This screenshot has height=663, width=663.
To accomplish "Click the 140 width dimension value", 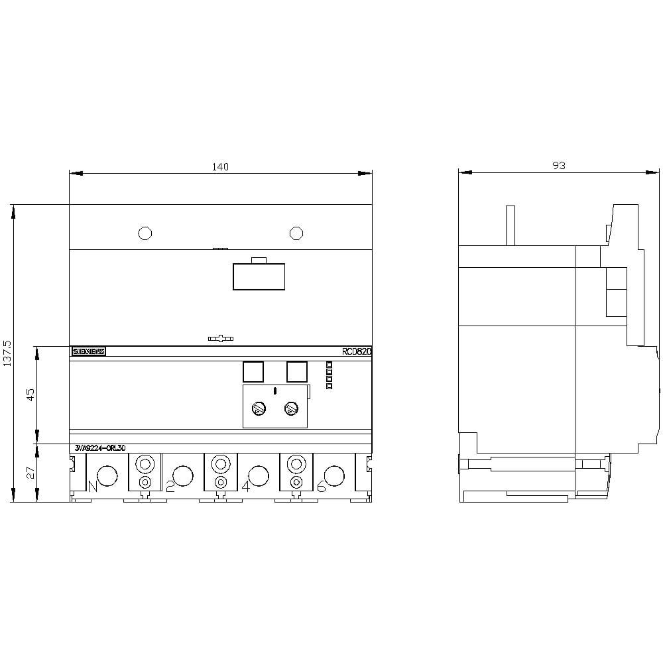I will (x=220, y=167).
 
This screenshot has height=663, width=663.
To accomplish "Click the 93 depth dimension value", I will (x=559, y=166).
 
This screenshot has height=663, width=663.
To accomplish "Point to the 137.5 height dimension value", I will (x=7, y=354).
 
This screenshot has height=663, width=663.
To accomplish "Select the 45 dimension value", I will (x=30, y=395).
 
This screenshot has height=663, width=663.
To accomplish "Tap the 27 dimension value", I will (x=30, y=473).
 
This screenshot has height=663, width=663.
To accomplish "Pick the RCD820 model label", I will (x=357, y=352).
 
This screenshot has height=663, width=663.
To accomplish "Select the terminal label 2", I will (x=170, y=487).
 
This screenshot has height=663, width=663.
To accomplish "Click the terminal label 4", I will (x=245, y=487).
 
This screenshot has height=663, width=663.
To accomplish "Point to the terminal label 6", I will (x=321, y=487).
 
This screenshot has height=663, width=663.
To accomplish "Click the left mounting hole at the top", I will (x=145, y=233).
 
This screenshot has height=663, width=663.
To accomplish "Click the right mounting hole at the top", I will (x=296, y=233).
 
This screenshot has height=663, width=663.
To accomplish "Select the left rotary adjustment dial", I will (x=259, y=409).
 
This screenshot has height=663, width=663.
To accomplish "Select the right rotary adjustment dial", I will (x=290, y=409).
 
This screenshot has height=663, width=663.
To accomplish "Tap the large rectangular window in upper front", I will (x=259, y=276).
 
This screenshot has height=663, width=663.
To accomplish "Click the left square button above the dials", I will (x=253, y=372).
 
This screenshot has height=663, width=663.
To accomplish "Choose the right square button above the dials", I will (x=297, y=372).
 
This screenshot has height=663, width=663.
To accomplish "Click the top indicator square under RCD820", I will (x=329, y=365).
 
